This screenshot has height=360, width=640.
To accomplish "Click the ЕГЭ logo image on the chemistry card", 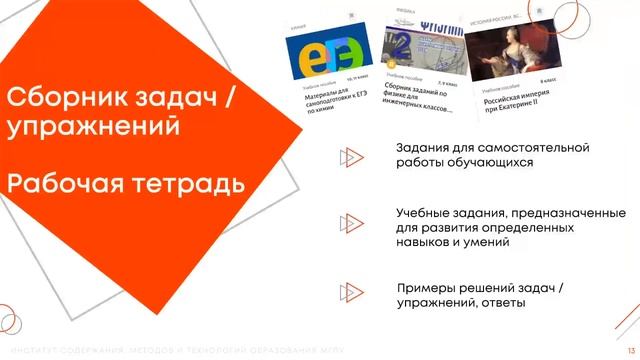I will click(329, 55).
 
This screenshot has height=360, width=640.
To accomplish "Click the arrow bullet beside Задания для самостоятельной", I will click(349, 156).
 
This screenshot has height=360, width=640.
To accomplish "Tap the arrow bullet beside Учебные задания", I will click(349, 221).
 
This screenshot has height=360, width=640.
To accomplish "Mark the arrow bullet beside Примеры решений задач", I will click(349, 293).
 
